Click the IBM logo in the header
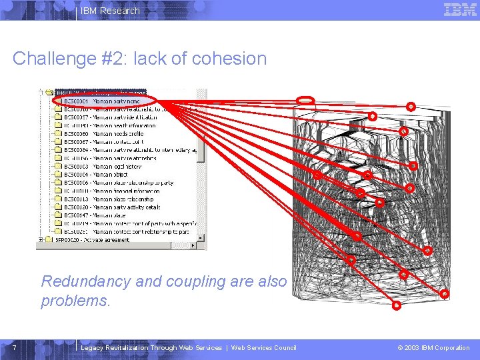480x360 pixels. coord(460,9)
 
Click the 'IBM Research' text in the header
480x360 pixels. coord(110,11)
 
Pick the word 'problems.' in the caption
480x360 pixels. coord(75,301)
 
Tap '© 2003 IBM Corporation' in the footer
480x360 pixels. coord(433,348)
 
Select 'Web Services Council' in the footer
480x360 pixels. coord(263,348)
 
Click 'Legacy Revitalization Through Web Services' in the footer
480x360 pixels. coord(151,348)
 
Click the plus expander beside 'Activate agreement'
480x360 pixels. coord(41,240)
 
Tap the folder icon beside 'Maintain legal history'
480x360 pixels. coord(58,166)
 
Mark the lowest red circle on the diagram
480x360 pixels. coord(396,306)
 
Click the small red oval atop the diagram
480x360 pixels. coord(305,100)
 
